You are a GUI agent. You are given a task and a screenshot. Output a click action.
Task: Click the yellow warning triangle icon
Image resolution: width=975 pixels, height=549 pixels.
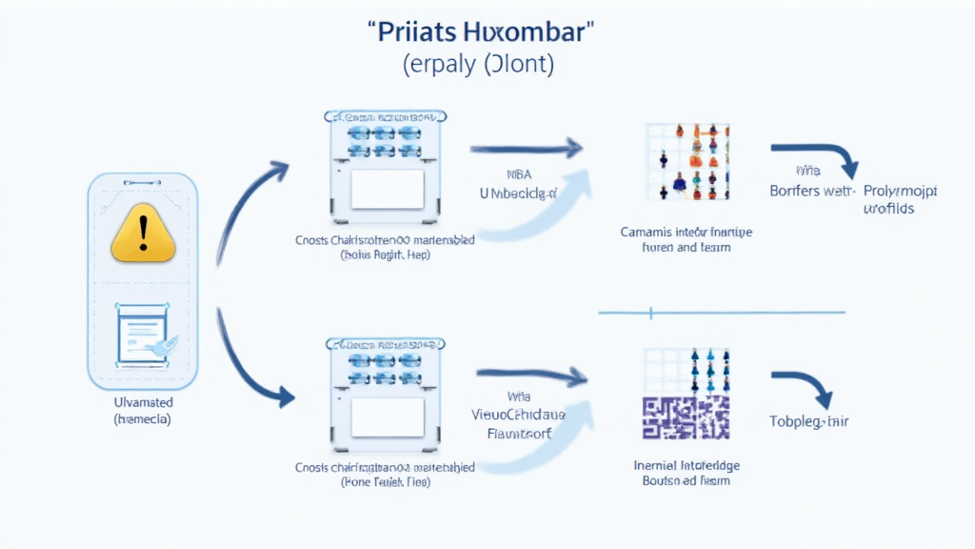(144, 234)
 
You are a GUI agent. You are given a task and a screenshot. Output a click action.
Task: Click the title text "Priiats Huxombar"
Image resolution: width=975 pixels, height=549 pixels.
(480, 30)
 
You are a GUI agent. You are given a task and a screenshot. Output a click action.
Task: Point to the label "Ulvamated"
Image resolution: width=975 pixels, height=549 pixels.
(143, 403)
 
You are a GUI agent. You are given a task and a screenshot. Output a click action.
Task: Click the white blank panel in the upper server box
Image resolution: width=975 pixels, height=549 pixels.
(387, 189)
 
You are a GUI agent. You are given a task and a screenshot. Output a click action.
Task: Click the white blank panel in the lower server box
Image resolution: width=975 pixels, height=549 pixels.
(387, 416)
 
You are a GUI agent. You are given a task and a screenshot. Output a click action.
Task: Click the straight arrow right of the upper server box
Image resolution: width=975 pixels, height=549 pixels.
(526, 148)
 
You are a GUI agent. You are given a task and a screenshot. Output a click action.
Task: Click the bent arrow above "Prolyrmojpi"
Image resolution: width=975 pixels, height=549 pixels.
(816, 158)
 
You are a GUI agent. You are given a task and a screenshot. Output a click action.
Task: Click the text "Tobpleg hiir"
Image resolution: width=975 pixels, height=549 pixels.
(808, 421)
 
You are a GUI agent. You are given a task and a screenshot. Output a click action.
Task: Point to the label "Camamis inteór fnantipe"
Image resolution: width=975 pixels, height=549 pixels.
(686, 232)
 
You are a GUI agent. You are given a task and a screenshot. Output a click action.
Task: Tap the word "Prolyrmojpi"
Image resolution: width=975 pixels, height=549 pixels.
(900, 192)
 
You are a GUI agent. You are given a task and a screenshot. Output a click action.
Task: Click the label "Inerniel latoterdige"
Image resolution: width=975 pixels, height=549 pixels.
(686, 466)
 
